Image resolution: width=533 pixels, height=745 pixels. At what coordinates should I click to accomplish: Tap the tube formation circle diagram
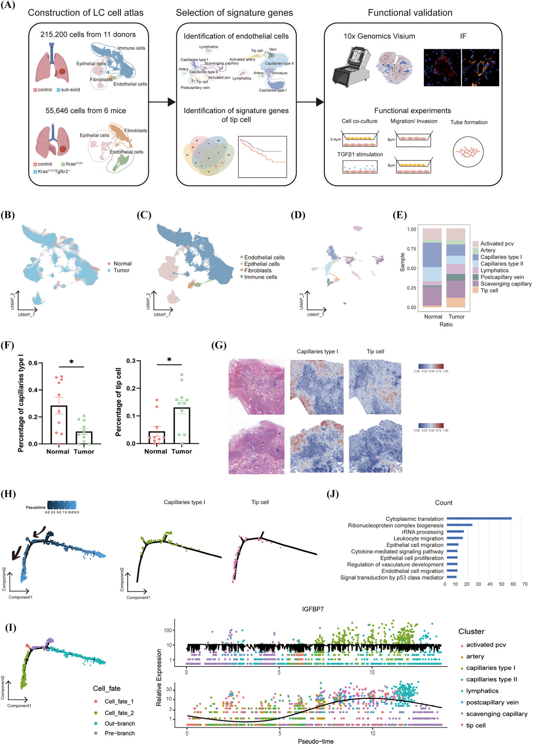[x=468, y=152]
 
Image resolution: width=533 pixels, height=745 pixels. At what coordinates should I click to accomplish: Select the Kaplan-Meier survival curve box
[x=262, y=157]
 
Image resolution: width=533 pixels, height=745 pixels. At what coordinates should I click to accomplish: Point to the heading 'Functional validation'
[x=410, y=13]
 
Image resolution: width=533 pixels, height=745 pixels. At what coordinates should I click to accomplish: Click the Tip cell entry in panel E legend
[x=489, y=291]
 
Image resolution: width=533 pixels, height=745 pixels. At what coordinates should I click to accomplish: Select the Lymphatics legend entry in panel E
[x=494, y=271]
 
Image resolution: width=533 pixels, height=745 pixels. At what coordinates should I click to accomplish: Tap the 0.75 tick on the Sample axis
[x=412, y=249]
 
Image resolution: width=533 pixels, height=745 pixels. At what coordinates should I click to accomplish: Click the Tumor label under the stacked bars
[x=457, y=317]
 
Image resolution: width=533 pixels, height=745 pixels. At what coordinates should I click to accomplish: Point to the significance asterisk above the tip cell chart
[x=169, y=359]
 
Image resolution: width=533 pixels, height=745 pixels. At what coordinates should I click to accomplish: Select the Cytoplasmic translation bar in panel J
[x=479, y=519]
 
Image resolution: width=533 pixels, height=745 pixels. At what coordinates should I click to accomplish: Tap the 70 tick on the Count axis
[x=525, y=584]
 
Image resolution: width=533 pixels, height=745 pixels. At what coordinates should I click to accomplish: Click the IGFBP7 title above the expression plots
[x=312, y=609]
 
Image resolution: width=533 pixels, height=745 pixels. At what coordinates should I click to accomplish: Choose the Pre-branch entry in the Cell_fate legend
[x=119, y=733]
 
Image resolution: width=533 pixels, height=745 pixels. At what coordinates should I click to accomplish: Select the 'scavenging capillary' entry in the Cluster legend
[x=497, y=714]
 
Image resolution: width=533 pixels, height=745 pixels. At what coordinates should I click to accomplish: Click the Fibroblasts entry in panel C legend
[x=257, y=271]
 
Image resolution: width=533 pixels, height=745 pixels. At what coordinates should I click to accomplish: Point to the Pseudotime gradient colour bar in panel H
[x=62, y=505]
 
